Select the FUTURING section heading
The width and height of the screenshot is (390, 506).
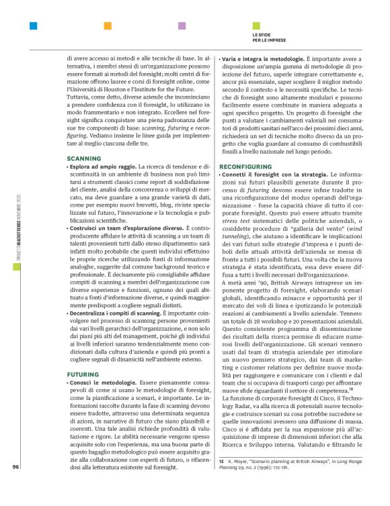coord(83,374)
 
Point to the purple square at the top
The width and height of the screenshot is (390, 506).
coord(182,27)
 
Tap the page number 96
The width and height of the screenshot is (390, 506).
coord(15,486)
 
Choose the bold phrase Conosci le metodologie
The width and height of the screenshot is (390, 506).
coord(102,383)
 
